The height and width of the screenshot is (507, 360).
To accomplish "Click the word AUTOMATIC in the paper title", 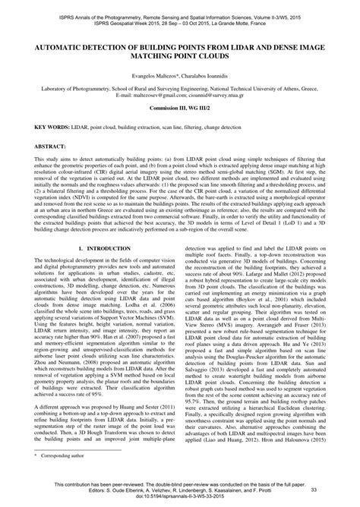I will click(55, 46).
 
